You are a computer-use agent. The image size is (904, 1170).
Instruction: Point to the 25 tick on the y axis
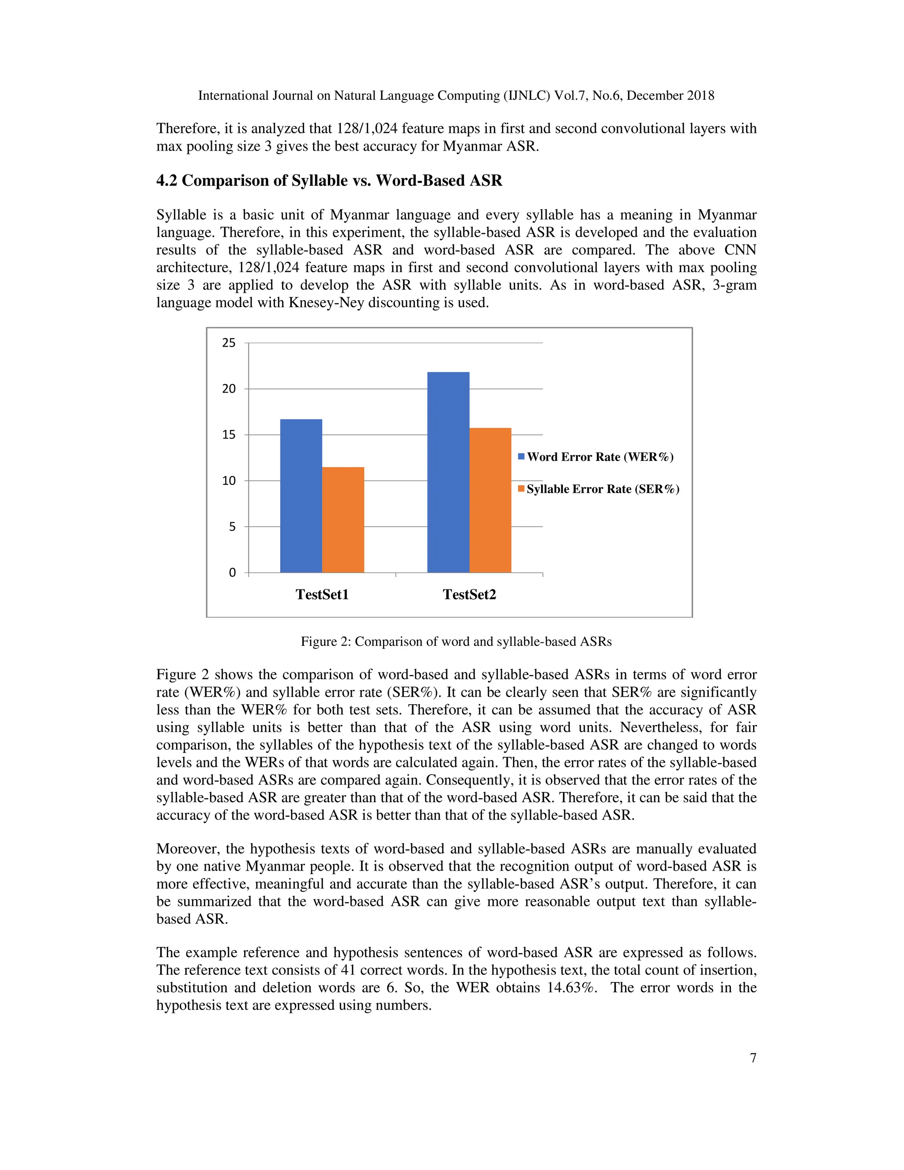(x=229, y=343)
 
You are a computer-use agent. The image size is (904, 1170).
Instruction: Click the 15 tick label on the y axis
(x=229, y=435)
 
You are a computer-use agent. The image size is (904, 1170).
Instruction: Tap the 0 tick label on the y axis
(x=232, y=573)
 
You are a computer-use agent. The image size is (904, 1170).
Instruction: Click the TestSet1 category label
(x=322, y=594)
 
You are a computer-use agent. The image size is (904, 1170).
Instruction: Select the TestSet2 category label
(x=469, y=594)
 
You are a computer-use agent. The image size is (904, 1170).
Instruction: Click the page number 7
(x=753, y=1057)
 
